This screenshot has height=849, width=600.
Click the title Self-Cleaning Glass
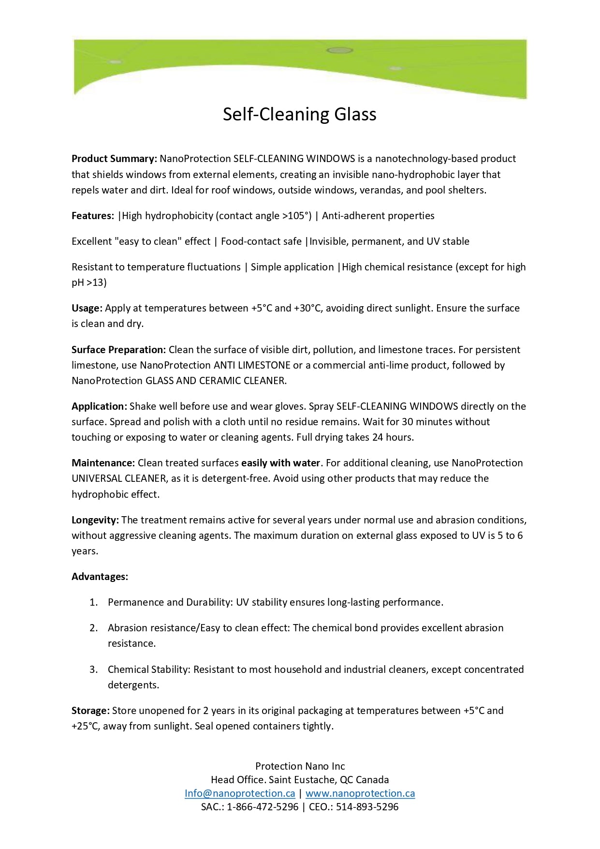click(299, 114)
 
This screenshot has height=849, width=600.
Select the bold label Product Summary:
click(114, 159)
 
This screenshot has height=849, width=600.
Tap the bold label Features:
click(92, 216)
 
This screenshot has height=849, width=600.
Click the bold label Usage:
click(87, 308)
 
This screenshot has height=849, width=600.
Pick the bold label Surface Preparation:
click(118, 350)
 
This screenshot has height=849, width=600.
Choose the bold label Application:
click(99, 406)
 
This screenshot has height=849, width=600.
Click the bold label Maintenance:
click(103, 463)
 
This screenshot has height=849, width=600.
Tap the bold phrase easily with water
click(280, 463)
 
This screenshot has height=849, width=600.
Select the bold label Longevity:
click(95, 520)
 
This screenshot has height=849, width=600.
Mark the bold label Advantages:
click(100, 577)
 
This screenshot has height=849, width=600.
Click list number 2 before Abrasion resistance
click(93, 628)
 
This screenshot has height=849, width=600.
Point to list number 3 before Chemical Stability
click(93, 670)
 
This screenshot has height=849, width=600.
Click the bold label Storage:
click(90, 711)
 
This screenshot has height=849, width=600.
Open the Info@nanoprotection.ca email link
click(240, 793)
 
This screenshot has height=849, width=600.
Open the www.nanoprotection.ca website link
click(360, 793)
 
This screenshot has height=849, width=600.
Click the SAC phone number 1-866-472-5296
click(263, 807)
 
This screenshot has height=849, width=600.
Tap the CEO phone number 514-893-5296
click(367, 807)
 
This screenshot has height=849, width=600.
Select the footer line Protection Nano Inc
click(300, 766)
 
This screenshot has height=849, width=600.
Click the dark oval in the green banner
click(340, 50)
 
